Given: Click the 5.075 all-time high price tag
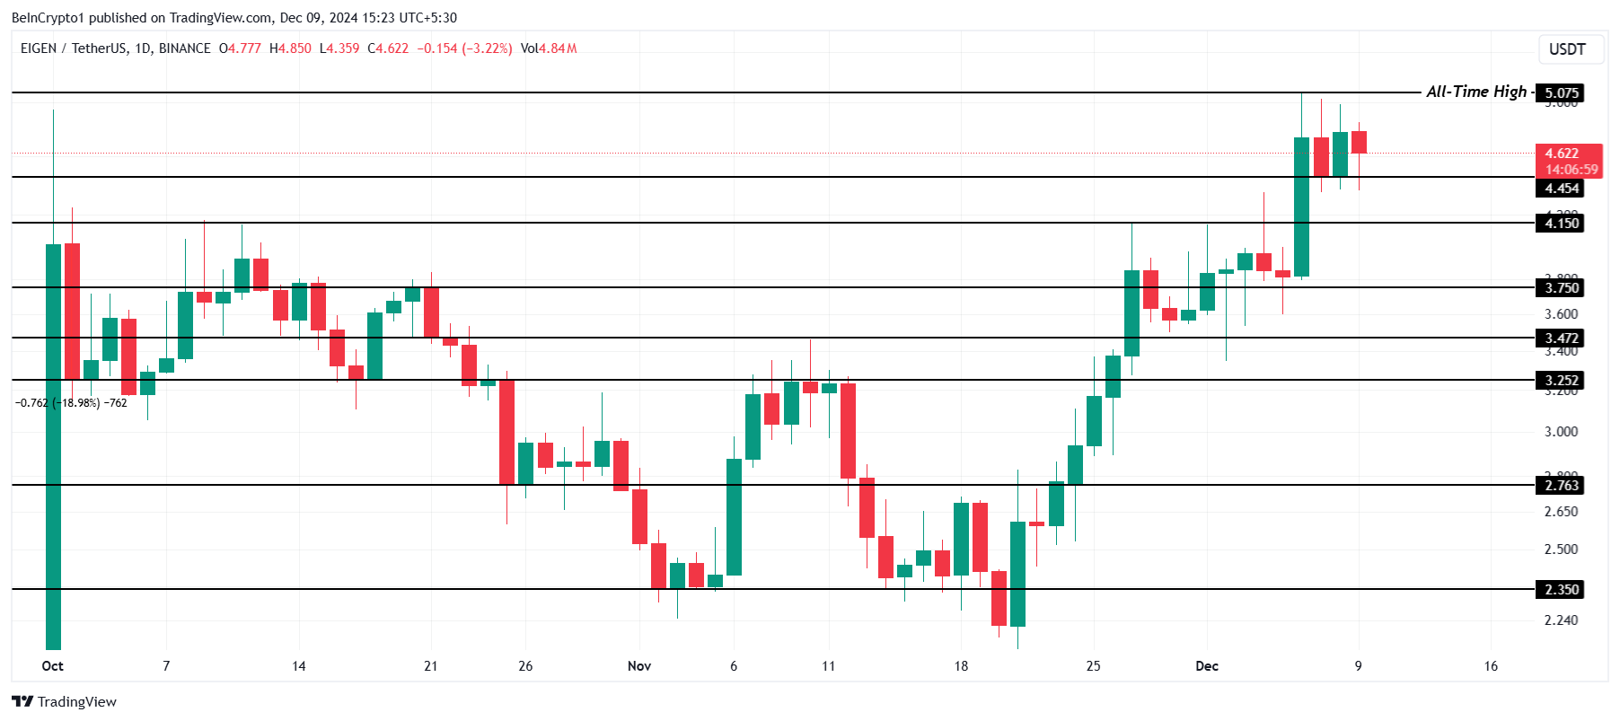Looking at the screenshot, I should (1561, 92).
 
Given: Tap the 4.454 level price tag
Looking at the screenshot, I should (1561, 189).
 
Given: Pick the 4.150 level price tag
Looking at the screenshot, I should (1561, 224).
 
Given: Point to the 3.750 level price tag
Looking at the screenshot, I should (1561, 288).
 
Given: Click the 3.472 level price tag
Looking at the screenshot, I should (1561, 339).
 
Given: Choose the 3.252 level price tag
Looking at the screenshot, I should (1561, 381).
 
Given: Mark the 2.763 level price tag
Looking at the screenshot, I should (1561, 486).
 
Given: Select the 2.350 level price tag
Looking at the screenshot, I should (1561, 590).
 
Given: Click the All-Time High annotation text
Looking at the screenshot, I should (1475, 92).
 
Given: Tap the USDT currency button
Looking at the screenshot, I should (1567, 49).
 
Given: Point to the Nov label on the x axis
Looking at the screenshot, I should (638, 666).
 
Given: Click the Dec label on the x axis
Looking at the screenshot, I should (1207, 666).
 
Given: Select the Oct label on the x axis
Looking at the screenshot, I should (53, 666).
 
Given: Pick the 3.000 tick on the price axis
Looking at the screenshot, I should (1561, 432).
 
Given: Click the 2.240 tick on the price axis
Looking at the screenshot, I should (1561, 620).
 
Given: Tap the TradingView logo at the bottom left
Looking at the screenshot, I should (65, 702).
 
